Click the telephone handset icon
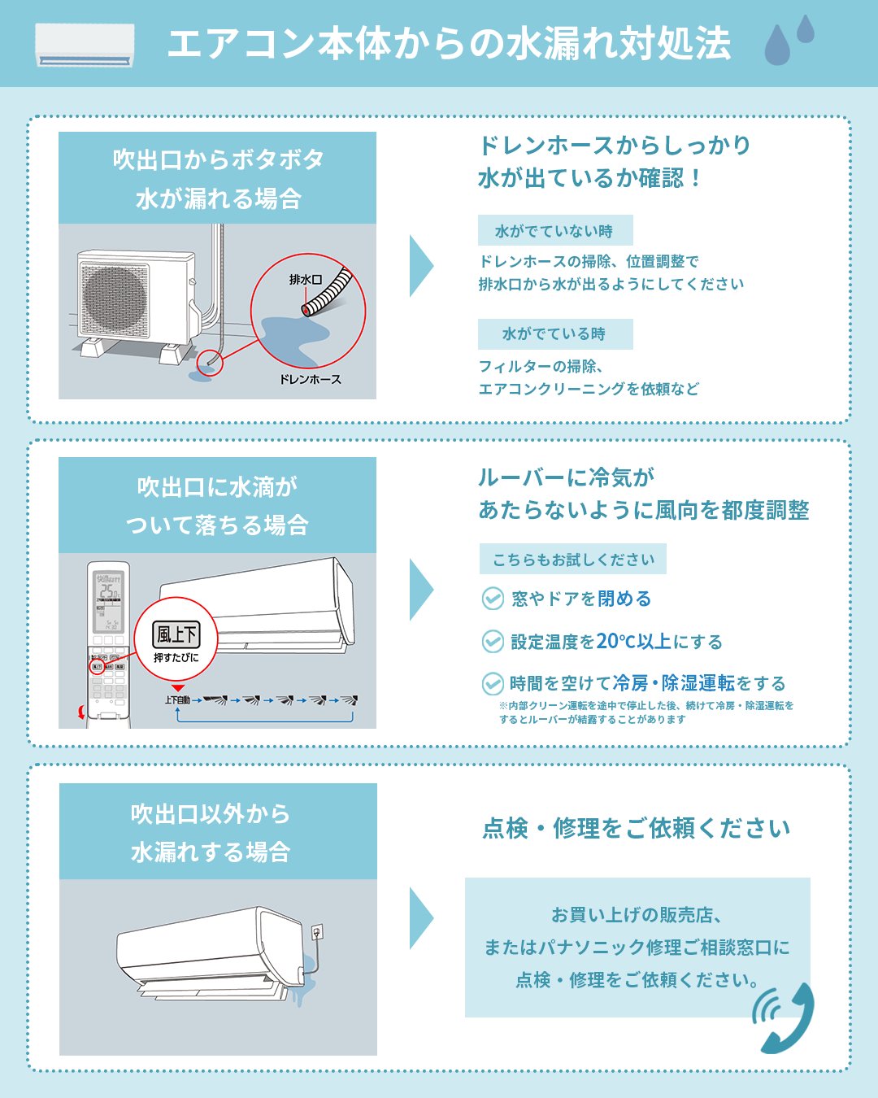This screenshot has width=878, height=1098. (x=785, y=1018)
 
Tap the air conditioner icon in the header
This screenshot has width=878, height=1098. (x=85, y=45)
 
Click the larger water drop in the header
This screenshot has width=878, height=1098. (x=777, y=46)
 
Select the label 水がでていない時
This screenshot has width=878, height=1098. (x=554, y=231)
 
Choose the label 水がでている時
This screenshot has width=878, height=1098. (x=554, y=334)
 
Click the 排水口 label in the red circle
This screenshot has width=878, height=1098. (x=306, y=280)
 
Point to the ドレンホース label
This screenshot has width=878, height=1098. (x=311, y=380)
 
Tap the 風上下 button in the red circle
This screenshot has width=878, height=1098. (x=176, y=634)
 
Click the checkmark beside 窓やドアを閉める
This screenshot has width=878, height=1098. (x=493, y=599)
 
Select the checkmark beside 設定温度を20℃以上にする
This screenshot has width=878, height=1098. (x=493, y=642)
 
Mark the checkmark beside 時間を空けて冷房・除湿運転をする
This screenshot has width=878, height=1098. (x=493, y=683)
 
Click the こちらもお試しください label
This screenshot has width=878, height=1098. (x=573, y=560)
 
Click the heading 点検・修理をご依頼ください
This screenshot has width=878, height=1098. (x=637, y=829)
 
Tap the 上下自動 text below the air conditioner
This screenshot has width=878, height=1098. (x=177, y=699)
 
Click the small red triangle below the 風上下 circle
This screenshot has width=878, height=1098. (x=178, y=688)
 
